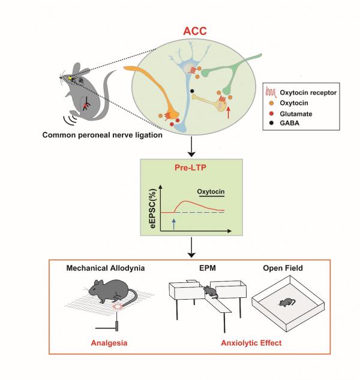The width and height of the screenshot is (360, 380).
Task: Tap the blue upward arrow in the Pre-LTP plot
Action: [173, 223]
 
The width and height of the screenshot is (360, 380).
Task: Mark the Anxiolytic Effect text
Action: [245, 343]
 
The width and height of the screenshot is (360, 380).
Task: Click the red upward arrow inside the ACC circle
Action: [229, 110]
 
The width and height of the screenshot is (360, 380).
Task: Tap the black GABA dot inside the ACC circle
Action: [192, 91]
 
